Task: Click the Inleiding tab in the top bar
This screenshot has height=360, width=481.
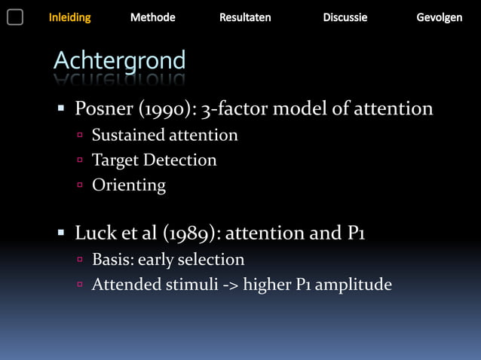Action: click(x=69, y=17)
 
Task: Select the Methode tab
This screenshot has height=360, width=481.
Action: click(x=152, y=17)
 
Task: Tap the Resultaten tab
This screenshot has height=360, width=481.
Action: click(x=245, y=17)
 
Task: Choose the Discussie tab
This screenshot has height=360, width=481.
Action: click(x=345, y=17)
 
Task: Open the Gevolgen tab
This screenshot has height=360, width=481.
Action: click(x=440, y=17)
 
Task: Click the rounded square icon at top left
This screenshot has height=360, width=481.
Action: click(x=15, y=17)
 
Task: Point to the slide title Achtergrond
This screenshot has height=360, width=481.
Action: click(x=119, y=60)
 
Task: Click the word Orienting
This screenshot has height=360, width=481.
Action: click(x=128, y=185)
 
